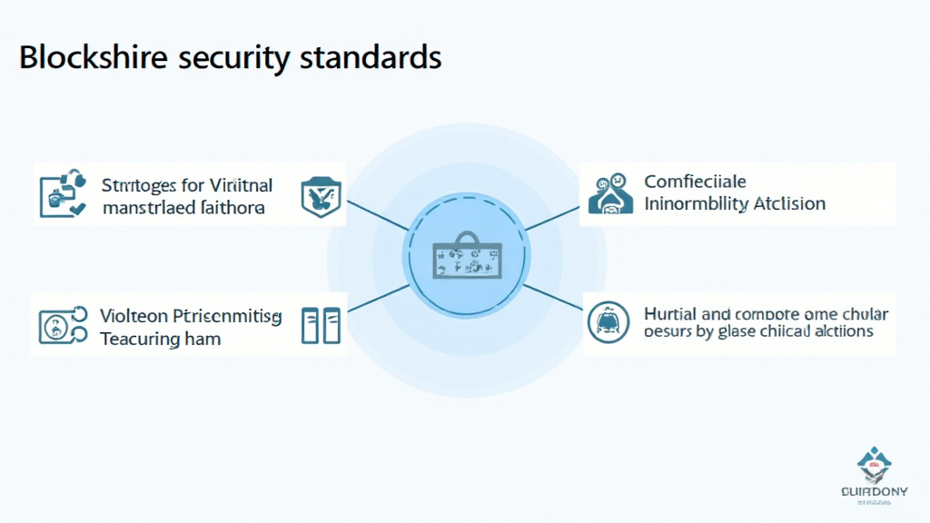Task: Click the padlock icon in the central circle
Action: (x=464, y=254)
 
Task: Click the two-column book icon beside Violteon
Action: (x=320, y=325)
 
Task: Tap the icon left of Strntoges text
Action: (x=62, y=193)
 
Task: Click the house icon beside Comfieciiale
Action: (x=610, y=192)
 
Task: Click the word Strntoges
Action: (x=141, y=186)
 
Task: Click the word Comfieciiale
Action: (x=695, y=182)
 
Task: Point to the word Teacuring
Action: (x=140, y=339)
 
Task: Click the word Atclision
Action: (x=789, y=203)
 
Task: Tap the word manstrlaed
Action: (x=145, y=208)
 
